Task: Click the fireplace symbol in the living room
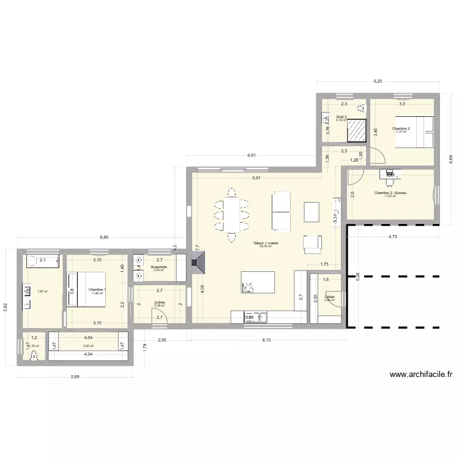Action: click(x=198, y=264)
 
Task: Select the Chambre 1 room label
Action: click(x=97, y=289)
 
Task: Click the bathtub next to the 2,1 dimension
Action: click(x=42, y=261)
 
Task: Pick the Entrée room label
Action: click(x=159, y=302)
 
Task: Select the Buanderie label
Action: click(x=159, y=267)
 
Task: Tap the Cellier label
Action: click(x=329, y=297)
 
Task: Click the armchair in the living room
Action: click(x=312, y=244)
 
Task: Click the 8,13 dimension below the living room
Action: click(x=266, y=341)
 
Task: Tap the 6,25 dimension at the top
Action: click(x=378, y=81)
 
